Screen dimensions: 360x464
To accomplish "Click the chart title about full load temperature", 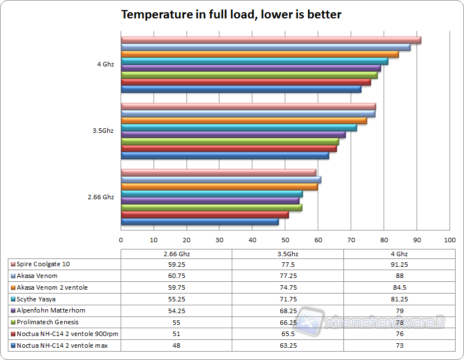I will pos(231,15).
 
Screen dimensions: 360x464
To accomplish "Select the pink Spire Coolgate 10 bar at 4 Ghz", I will pos(271,40).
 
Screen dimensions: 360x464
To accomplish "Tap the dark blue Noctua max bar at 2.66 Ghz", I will pos(199,222).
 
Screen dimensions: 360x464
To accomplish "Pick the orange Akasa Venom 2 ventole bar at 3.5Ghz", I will pos(244,121).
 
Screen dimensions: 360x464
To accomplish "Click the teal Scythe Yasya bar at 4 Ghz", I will pos(254,61).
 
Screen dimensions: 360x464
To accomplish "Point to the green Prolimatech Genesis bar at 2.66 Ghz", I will pos(211,208).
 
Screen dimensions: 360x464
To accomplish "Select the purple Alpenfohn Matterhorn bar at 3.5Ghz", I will pos(233,135).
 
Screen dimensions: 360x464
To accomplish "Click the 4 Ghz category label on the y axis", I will pos(106,64).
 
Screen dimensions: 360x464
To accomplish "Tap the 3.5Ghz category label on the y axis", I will pos(103,131).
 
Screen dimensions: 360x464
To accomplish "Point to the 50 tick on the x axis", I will pos(285,239).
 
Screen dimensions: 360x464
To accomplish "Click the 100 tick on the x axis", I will pos(449,239).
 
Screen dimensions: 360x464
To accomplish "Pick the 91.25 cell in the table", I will pos(398,264).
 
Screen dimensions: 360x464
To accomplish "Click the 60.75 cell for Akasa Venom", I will pos(176,276).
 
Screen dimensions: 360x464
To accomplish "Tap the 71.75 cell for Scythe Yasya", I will pos(288,299).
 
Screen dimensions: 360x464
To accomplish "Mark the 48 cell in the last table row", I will pos(176,345).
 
